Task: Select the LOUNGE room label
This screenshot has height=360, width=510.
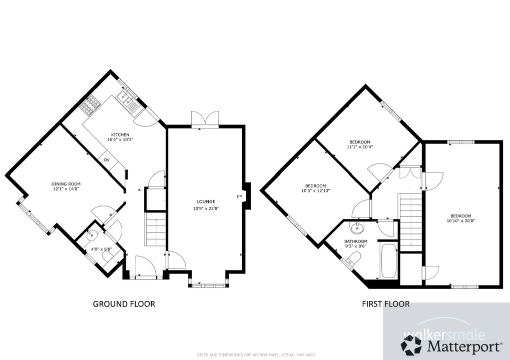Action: coord(206,201)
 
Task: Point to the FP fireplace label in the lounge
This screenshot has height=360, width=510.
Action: coord(239,196)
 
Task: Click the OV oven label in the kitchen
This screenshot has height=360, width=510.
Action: coord(107,160)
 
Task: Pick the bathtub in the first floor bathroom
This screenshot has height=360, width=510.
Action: coord(388,261)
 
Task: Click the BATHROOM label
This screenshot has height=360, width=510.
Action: coord(355,241)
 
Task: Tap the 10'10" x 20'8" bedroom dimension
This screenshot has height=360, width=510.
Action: coord(460,220)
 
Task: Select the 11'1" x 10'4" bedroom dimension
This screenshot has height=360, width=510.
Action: coord(360,147)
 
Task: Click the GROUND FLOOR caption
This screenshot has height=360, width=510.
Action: coord(124,303)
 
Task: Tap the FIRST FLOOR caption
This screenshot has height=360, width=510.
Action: coord(385,303)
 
